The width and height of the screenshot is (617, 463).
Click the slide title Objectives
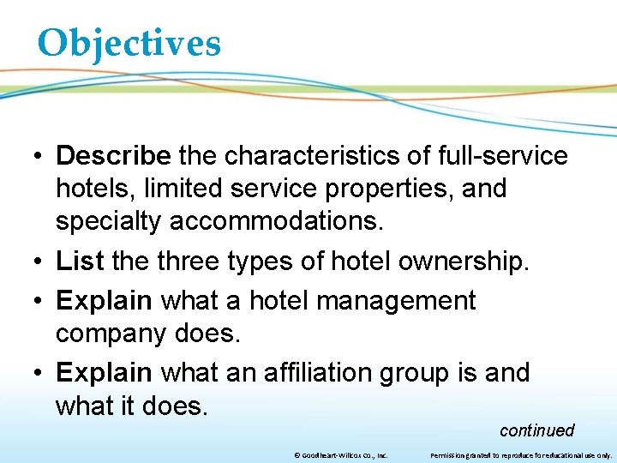[x=129, y=43]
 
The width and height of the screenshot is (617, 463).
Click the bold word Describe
[x=114, y=156]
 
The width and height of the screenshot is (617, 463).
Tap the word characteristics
[x=312, y=156]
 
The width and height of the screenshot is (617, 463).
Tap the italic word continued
[x=536, y=430]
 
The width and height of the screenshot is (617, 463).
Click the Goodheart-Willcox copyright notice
[x=340, y=456]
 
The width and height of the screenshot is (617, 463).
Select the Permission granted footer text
[x=520, y=456]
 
